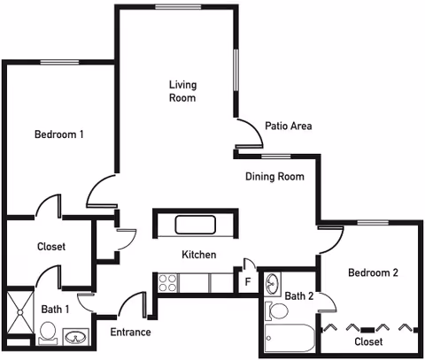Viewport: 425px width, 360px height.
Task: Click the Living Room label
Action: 182,91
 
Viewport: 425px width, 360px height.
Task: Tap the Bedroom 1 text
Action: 59,134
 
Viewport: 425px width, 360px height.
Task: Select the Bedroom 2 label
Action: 372,273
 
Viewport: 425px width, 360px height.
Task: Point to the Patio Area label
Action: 289,126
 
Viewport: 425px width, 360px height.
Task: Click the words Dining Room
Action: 274,176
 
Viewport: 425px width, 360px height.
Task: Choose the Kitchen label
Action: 199,255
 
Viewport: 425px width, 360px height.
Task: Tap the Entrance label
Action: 128,333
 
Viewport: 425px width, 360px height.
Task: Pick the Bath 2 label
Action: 300,295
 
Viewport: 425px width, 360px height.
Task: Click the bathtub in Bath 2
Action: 290,339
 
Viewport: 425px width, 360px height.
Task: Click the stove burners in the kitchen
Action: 168,282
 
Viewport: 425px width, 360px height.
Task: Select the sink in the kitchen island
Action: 195,224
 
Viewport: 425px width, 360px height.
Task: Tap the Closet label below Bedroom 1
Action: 50,247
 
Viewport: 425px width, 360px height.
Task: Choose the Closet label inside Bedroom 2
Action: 367,341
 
